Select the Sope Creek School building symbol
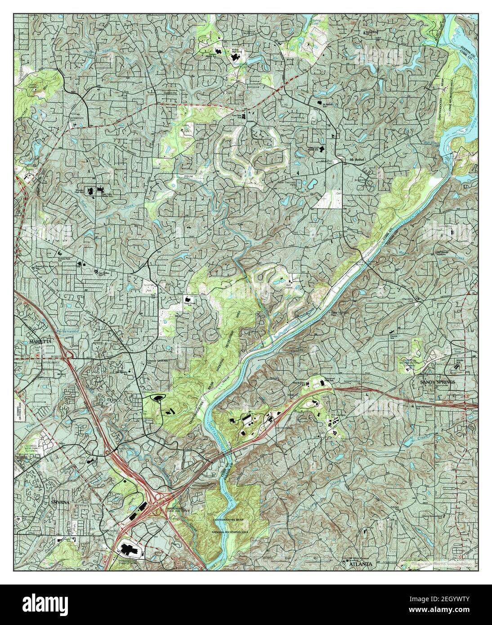coord(187,299)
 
